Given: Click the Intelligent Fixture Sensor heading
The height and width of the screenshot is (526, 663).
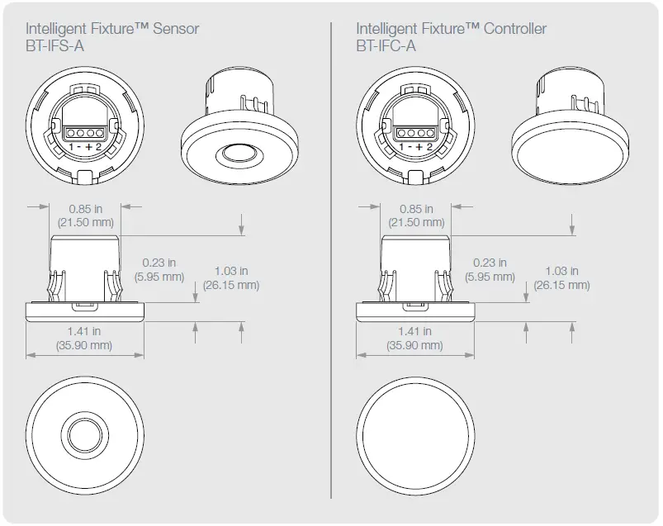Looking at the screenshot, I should point(113,30).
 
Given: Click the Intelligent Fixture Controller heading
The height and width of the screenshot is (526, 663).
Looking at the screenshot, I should point(451,30).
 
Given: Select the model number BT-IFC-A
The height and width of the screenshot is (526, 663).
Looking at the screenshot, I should point(386,46).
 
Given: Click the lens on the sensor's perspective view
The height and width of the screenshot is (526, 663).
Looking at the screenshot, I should point(237,154).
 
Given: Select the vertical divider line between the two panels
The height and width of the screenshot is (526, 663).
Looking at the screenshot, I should point(331,264).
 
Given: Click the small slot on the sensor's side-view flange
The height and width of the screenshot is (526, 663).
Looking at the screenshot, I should point(85,306).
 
